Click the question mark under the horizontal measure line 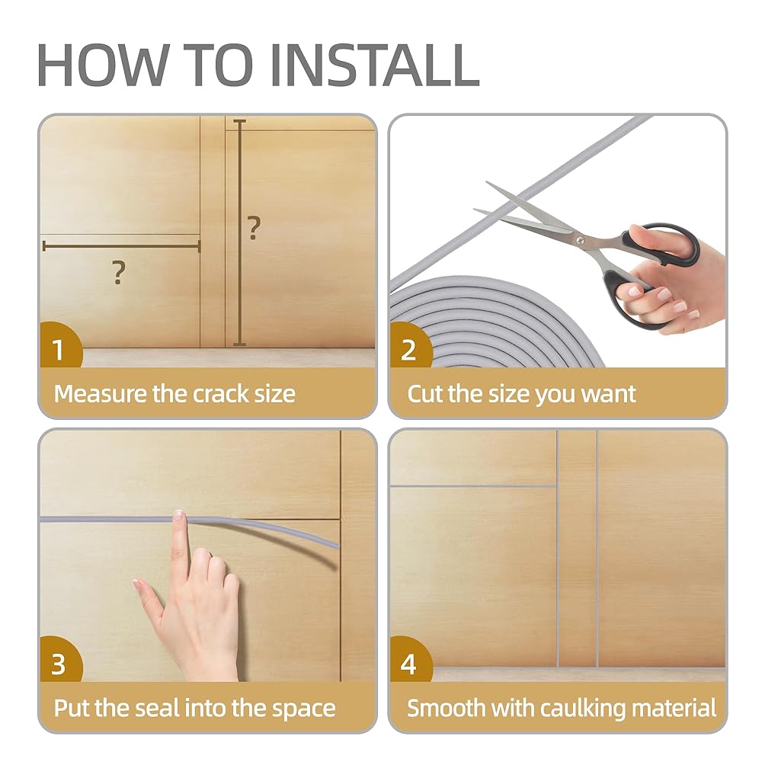(119, 273)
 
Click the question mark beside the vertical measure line (254, 228)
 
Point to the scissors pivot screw (580, 240)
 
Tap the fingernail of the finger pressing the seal (178, 513)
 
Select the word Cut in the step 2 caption (425, 394)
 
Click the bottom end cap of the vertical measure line (239, 344)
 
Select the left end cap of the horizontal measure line (44, 246)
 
